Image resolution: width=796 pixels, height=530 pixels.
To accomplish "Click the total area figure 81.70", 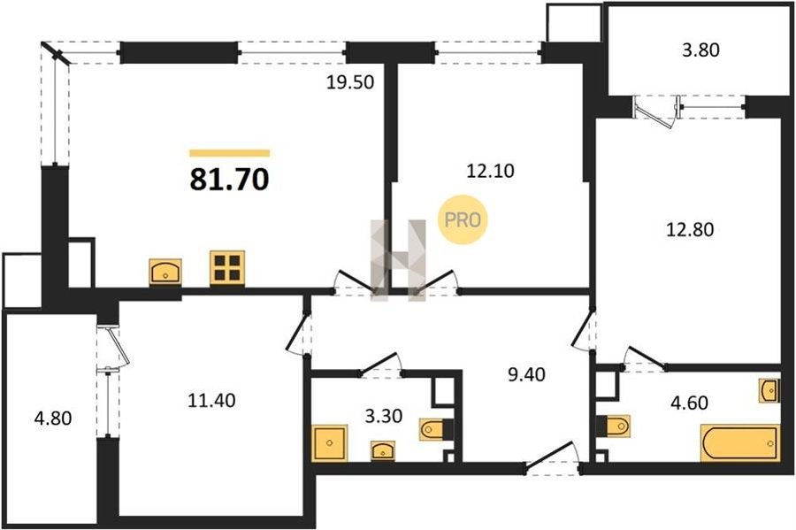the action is click(229, 180).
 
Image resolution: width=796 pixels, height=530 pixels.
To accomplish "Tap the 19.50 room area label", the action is click(349, 81).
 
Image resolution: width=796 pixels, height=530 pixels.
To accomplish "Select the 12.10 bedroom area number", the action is click(490, 171).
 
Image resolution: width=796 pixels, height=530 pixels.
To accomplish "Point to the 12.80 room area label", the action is click(690, 229).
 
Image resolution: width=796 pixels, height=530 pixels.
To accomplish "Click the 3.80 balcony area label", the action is click(700, 50).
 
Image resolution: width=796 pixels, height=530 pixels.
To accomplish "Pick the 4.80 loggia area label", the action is click(53, 419).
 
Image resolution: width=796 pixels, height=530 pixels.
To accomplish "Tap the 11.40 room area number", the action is click(211, 401).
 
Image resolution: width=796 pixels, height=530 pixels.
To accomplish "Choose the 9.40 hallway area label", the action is click(526, 374).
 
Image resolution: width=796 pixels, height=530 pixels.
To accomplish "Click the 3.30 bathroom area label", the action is click(384, 416).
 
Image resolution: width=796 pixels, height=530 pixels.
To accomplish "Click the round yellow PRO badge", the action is click(463, 219).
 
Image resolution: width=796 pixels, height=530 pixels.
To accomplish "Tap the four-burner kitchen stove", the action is click(227, 267).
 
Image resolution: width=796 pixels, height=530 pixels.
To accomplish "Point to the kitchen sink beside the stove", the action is click(165, 272).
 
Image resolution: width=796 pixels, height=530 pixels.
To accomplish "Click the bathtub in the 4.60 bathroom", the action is click(739, 443).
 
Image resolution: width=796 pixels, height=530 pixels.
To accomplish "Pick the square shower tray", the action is click(330, 443).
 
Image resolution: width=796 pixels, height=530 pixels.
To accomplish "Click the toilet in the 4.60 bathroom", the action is click(614, 426).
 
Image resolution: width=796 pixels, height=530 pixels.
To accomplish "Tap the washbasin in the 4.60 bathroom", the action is click(769, 390).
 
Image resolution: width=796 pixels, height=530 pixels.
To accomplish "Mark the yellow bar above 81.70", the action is click(229, 153).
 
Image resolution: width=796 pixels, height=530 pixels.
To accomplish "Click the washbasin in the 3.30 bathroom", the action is click(383, 450).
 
